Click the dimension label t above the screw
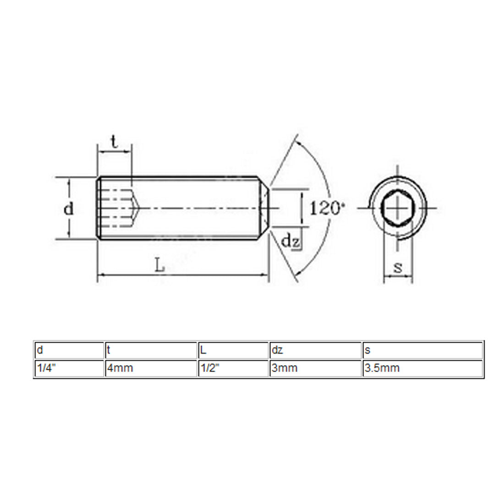pyautogui.click(x=115, y=142)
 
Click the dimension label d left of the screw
pyautogui.click(x=68, y=208)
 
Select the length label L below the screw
pyautogui.click(x=160, y=266)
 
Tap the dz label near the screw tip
pyautogui.click(x=290, y=241)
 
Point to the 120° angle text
pyautogui.click(x=327, y=208)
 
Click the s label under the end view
pyautogui.click(x=398, y=267)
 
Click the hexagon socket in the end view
pyautogui.click(x=398, y=208)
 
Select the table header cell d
pyautogui.click(x=69, y=350)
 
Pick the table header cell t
pyautogui.click(x=151, y=350)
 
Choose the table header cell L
pyautogui.click(x=233, y=350)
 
